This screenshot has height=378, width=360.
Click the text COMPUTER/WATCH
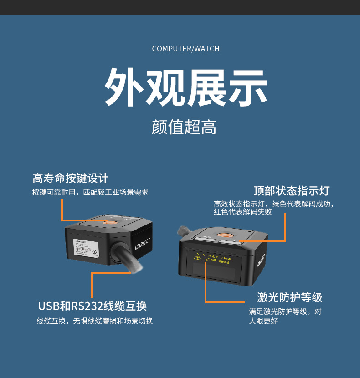(185, 49)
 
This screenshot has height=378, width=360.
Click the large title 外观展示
(185, 87)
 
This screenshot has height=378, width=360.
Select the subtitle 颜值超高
(184, 128)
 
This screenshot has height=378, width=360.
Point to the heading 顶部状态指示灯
(291, 190)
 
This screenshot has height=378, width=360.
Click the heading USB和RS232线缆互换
(93, 306)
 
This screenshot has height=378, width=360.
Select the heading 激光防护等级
(290, 298)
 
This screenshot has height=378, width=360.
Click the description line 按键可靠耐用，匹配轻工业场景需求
(90, 193)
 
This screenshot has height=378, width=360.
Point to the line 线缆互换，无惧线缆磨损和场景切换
(95, 321)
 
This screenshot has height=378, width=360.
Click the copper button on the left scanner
(109, 222)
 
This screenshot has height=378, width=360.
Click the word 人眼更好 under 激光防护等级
(263, 322)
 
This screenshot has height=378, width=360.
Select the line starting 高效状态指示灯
(274, 204)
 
